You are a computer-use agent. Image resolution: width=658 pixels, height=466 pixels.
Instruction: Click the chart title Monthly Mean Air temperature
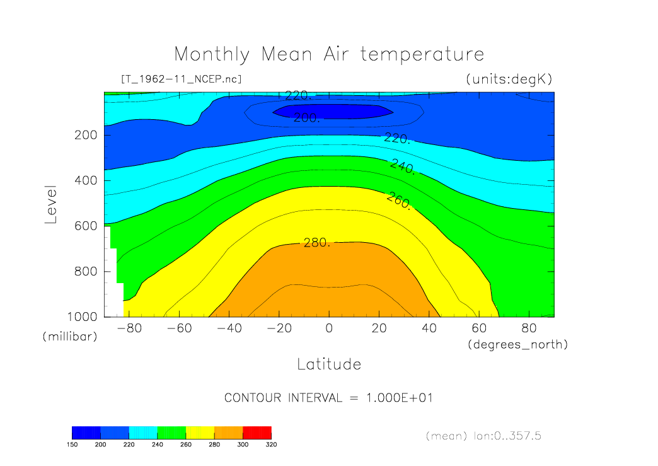[328, 54]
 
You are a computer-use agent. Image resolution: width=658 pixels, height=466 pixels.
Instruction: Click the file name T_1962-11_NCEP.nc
[181, 79]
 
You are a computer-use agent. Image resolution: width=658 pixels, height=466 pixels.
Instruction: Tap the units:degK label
[509, 79]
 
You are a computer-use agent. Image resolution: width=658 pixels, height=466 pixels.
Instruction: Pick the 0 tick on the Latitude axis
[328, 328]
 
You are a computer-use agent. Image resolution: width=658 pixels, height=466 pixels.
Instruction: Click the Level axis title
[51, 204]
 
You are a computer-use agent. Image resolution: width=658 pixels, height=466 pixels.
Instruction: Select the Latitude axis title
[328, 364]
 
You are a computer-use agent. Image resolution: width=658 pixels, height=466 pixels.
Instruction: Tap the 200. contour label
[308, 118]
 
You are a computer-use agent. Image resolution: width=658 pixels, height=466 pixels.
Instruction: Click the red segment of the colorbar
[257, 432]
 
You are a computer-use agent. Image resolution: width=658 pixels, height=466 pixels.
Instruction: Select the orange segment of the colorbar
[228, 432]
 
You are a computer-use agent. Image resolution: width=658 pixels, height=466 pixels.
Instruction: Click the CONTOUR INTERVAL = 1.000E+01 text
[328, 398]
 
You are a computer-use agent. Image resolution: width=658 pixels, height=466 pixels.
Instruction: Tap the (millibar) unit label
[70, 337]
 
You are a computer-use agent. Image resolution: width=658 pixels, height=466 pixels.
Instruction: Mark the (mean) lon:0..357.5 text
[484, 436]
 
